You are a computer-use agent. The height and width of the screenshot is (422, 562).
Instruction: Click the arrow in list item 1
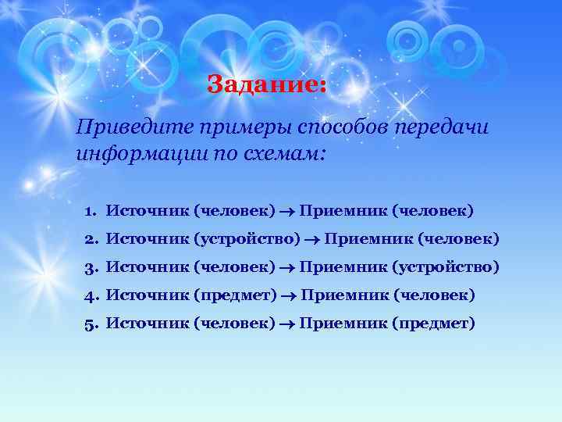coord(287,211)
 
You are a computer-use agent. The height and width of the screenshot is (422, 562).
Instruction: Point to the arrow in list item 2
coord(312,239)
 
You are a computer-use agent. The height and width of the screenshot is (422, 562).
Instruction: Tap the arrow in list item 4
coord(289,295)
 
